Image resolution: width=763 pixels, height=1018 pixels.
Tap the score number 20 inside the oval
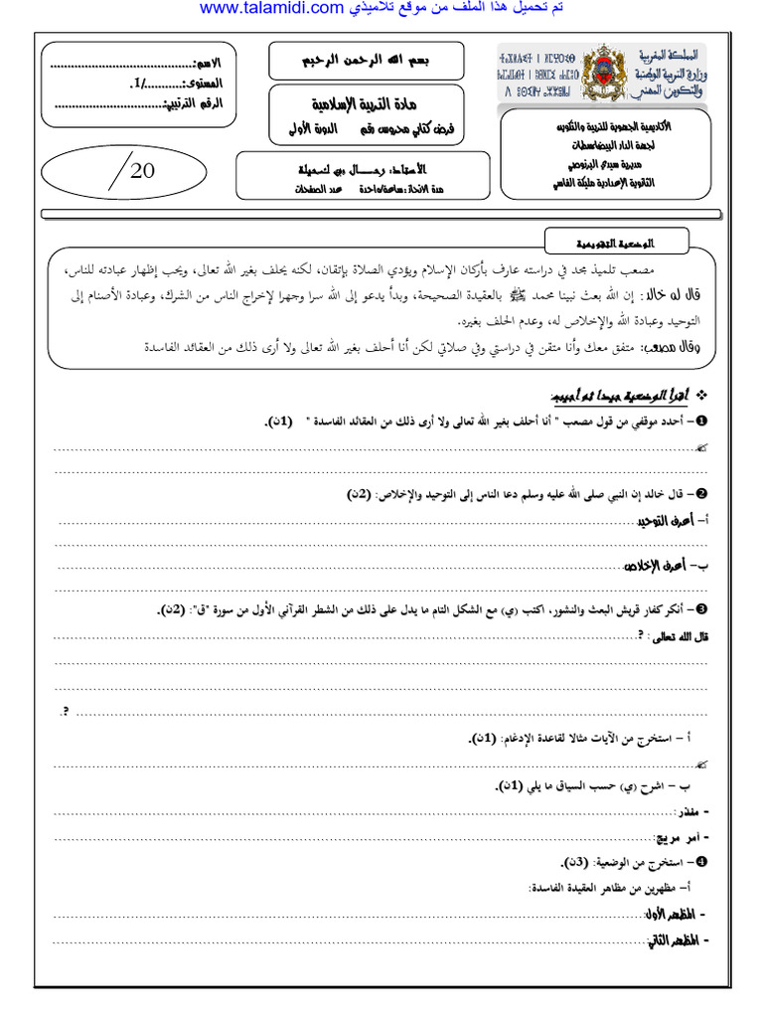pyautogui.click(x=142, y=170)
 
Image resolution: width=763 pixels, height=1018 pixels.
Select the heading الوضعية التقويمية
pyautogui.click(x=614, y=242)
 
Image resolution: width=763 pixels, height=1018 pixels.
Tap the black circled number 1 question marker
pyautogui.click(x=702, y=423)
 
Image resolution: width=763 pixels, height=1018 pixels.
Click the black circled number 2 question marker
pyautogui.click(x=702, y=494)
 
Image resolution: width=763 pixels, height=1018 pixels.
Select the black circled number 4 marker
pyautogui.click(x=702, y=860)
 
